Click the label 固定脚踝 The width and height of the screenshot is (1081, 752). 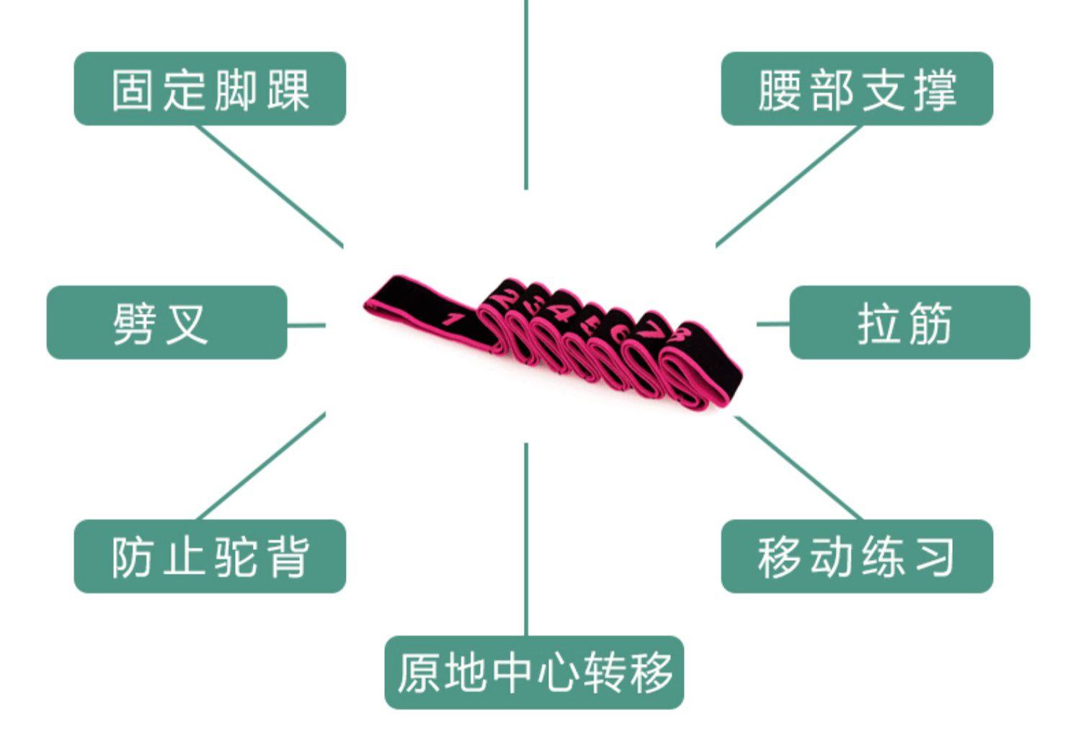[210, 89]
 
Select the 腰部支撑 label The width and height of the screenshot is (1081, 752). [857, 89]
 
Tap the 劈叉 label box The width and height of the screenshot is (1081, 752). [166, 322]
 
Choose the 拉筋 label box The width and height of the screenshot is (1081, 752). [909, 322]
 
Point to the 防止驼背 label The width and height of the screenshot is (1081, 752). [210, 556]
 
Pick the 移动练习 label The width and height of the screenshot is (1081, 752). [857, 556]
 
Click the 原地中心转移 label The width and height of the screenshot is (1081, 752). [534, 672]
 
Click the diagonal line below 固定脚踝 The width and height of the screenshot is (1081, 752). [270, 187]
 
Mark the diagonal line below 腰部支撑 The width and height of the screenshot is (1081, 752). [788, 187]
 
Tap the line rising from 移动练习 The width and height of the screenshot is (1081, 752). [798, 467]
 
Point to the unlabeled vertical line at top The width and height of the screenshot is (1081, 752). [526, 94]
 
